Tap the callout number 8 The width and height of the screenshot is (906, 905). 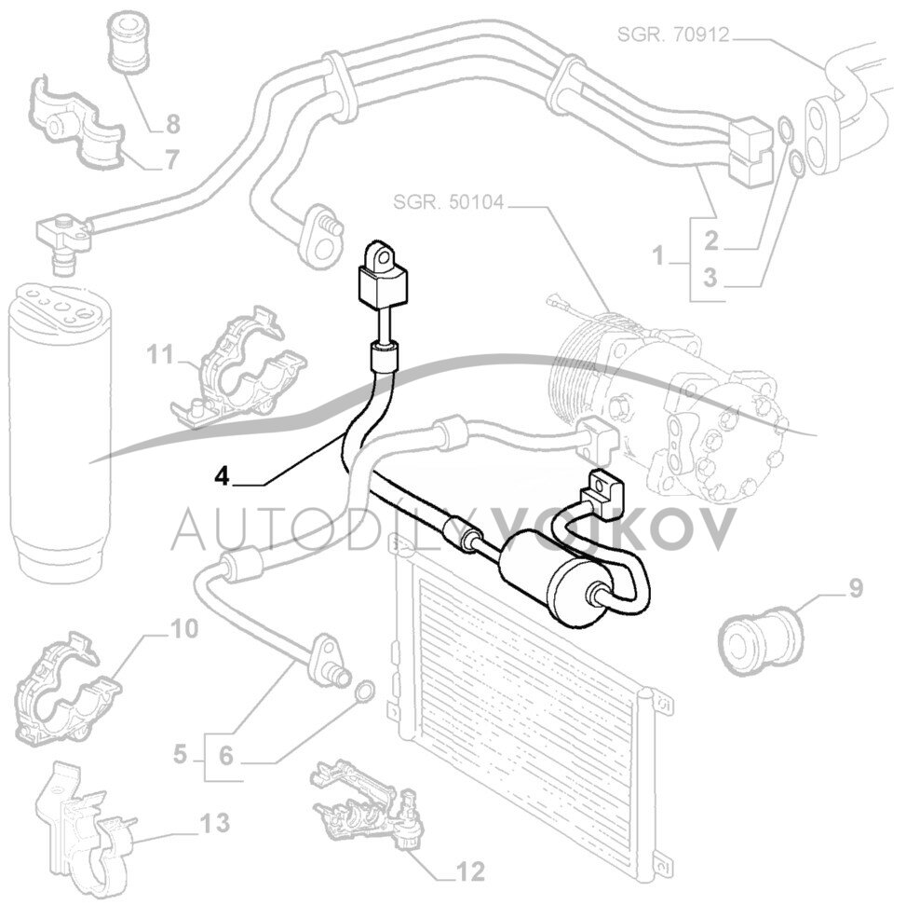pos(172,123)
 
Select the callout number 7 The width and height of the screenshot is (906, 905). pos(170,159)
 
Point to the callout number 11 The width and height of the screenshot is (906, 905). pos(160,354)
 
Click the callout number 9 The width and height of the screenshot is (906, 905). pos(855,588)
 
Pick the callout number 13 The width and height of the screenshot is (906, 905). pos(214,823)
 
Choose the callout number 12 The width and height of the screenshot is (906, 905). pos(471,872)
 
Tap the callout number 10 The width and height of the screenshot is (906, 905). pos(184,629)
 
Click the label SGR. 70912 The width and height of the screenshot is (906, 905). pos(672,35)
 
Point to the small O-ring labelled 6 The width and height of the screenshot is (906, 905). pos(364,691)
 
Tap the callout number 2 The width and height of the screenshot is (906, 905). pos(711,241)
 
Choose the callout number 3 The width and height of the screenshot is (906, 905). pos(711,277)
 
